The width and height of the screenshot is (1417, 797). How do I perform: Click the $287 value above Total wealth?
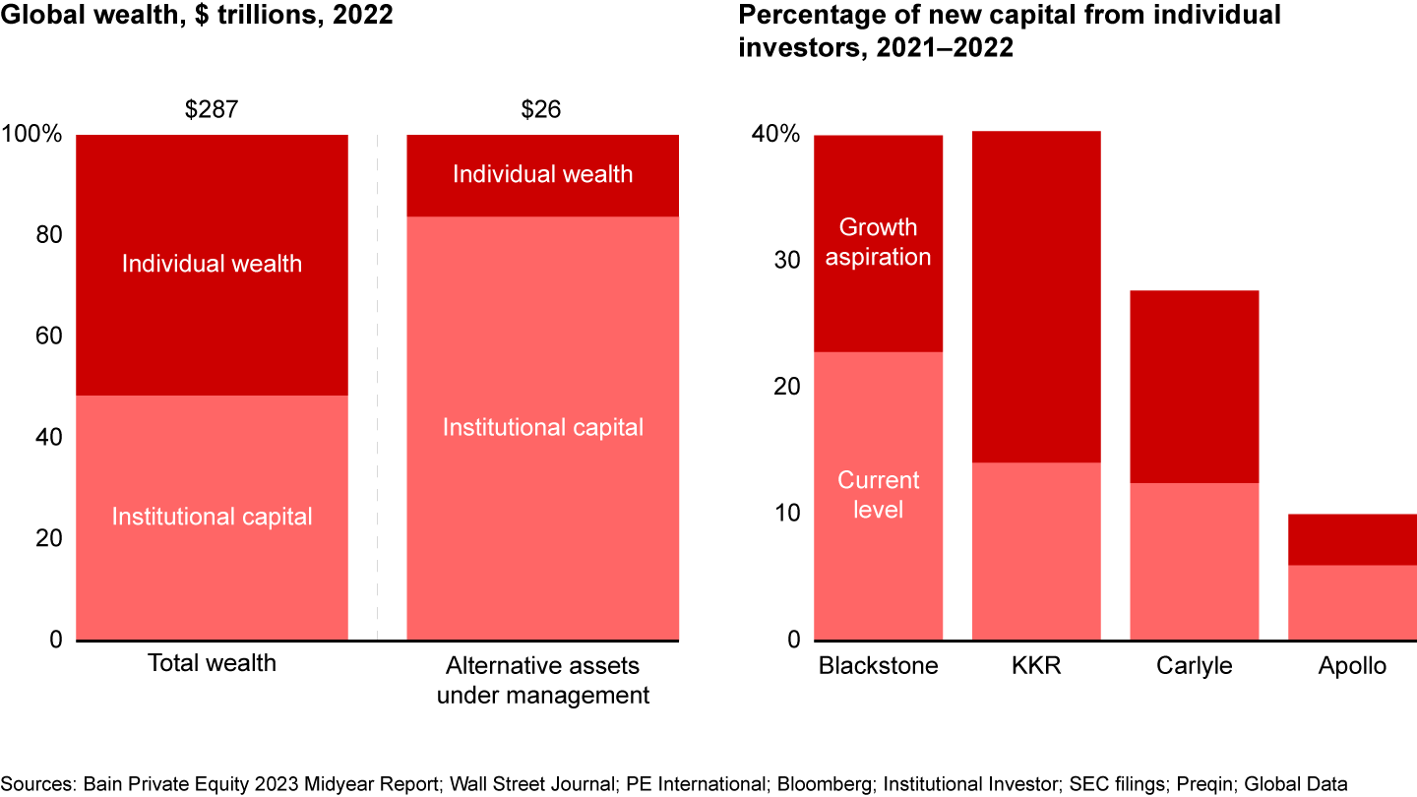pos(212,109)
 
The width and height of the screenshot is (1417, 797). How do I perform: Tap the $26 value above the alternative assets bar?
pos(541,109)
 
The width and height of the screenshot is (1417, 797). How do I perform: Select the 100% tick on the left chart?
pos(31,135)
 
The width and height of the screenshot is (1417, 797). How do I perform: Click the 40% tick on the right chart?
pos(775,135)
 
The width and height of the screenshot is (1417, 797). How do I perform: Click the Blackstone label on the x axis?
pos(878,666)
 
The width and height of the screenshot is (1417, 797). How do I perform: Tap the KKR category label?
pos(1035,666)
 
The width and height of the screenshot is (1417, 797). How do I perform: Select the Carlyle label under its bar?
pos(1194,666)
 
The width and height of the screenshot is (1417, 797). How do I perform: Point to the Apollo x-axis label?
pos(1352,666)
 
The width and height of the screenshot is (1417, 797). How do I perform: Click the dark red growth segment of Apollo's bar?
pos(1352,539)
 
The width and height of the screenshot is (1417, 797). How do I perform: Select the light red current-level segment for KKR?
pos(1036,551)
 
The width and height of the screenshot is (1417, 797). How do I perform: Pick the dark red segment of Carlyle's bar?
pos(1194,386)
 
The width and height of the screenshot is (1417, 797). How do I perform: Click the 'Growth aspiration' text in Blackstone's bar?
pos(878,242)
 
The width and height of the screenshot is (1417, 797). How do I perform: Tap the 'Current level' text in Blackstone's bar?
pos(878,495)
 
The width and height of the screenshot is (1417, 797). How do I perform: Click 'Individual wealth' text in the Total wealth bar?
pos(212,264)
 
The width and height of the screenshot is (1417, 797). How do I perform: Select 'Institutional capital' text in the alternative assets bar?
pos(542,427)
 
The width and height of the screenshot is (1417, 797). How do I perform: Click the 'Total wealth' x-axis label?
pos(212,663)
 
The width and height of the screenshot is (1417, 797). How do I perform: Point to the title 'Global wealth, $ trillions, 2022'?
pos(197,18)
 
